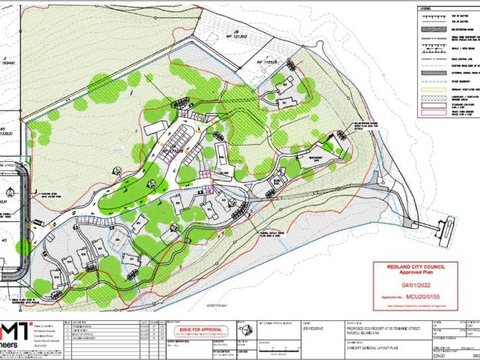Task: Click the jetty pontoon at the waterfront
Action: pos(447,224)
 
